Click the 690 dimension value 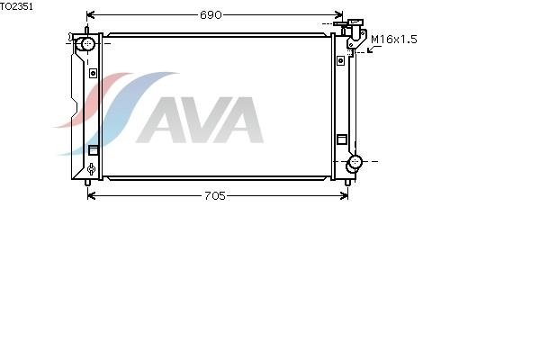click(x=211, y=14)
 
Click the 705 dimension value click(x=215, y=195)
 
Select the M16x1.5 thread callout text click(x=394, y=40)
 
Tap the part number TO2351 click(x=16, y=6)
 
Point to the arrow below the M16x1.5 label click(x=373, y=49)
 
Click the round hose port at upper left click(x=86, y=44)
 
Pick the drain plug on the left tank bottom click(x=91, y=169)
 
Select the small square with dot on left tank click(x=93, y=73)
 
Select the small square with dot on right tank click(x=340, y=60)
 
